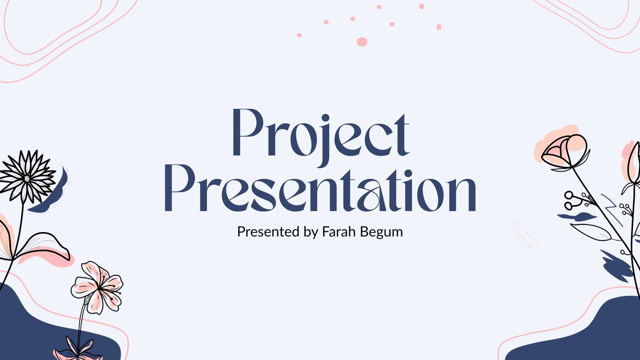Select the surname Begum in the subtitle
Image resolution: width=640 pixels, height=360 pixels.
coord(381,232)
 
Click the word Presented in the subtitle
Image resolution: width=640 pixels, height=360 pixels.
coord(268,232)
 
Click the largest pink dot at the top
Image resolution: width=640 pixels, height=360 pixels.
coord(362,42)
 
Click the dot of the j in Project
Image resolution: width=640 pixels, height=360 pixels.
coord(326,118)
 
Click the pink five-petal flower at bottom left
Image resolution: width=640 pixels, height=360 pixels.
coord(98,288)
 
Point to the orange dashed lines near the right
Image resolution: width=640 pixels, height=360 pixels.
coord(524,234)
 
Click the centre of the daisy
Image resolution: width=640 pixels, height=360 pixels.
coord(27,179)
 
